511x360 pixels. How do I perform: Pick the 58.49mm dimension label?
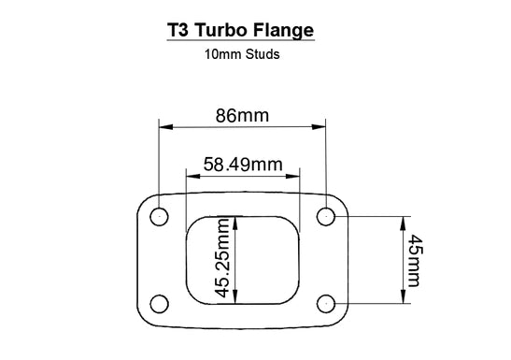(243, 165)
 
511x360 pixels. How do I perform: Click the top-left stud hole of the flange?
(160, 217)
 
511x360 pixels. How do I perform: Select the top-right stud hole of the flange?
(325, 217)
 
